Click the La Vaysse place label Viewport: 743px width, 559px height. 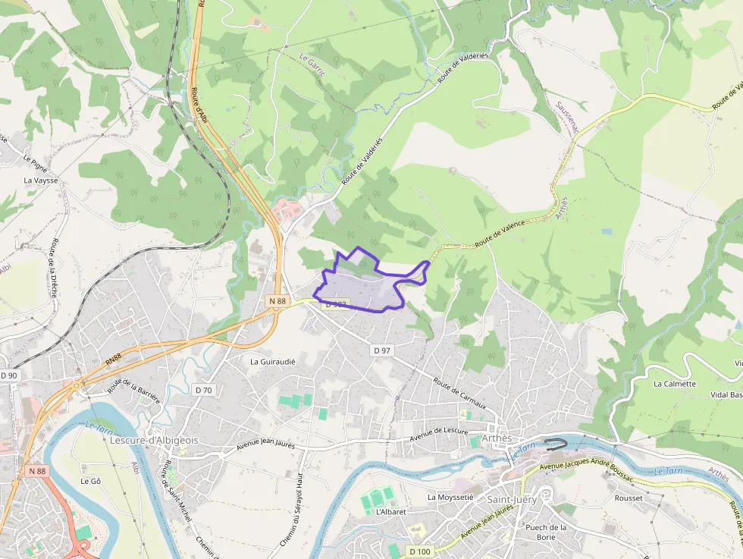pyautogui.click(x=41, y=181)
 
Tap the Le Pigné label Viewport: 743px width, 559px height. pyautogui.click(x=36, y=162)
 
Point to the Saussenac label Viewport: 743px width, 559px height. pyautogui.click(x=566, y=118)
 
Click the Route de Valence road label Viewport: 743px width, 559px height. pyautogui.click(x=500, y=233)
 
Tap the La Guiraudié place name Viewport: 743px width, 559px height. pyautogui.click(x=272, y=362)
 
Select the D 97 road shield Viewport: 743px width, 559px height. pyautogui.click(x=382, y=350)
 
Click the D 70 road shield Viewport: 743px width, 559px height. pyautogui.click(x=203, y=390)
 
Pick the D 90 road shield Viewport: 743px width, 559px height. pyautogui.click(x=8, y=375)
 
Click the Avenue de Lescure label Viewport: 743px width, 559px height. pyautogui.click(x=439, y=435)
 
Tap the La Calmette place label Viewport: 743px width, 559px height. pyautogui.click(x=675, y=384)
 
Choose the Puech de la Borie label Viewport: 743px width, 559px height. pyautogui.click(x=546, y=532)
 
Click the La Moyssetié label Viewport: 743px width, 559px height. pyautogui.click(x=450, y=498)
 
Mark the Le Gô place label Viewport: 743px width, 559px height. pyautogui.click(x=90, y=481)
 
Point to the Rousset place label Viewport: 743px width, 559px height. pyautogui.click(x=629, y=498)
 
